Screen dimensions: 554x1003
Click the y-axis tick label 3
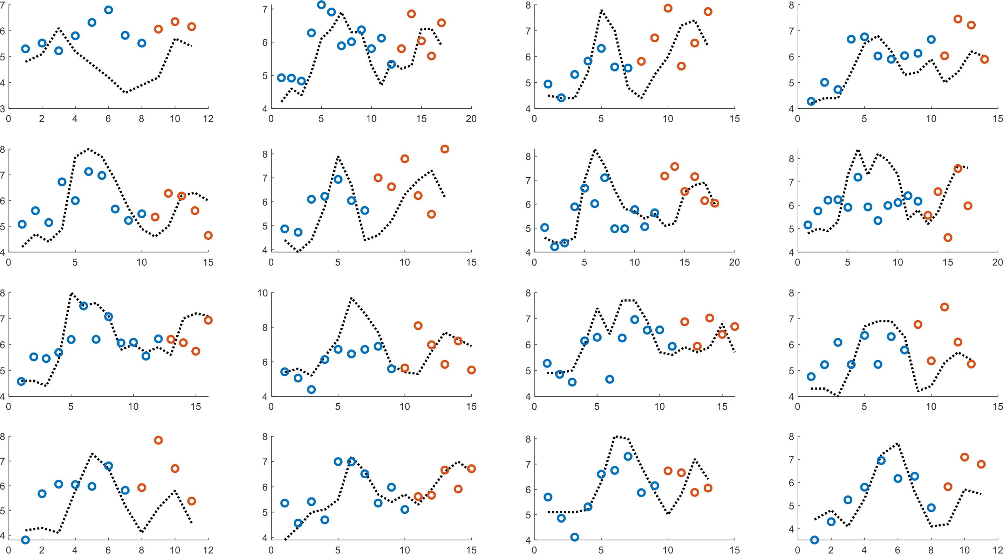3,109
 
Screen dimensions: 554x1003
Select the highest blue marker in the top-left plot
109,10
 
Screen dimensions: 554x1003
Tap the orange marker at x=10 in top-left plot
175,22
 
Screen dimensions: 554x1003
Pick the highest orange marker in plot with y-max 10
418,326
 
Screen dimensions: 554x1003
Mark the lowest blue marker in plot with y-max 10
311,389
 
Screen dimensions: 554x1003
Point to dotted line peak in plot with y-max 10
351,298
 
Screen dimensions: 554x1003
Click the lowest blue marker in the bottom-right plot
814,540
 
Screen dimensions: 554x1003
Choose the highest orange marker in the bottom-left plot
158,440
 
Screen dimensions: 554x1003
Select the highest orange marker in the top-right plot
958,19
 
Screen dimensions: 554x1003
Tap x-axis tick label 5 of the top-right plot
864,119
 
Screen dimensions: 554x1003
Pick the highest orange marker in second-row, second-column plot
445,149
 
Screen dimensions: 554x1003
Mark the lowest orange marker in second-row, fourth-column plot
948,238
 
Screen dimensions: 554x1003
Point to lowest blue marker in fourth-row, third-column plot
574,537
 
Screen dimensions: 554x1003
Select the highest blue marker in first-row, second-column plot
321,5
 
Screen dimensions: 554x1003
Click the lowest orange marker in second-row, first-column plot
208,235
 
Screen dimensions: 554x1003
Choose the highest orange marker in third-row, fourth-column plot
944,307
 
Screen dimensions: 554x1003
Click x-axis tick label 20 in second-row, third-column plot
734,263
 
